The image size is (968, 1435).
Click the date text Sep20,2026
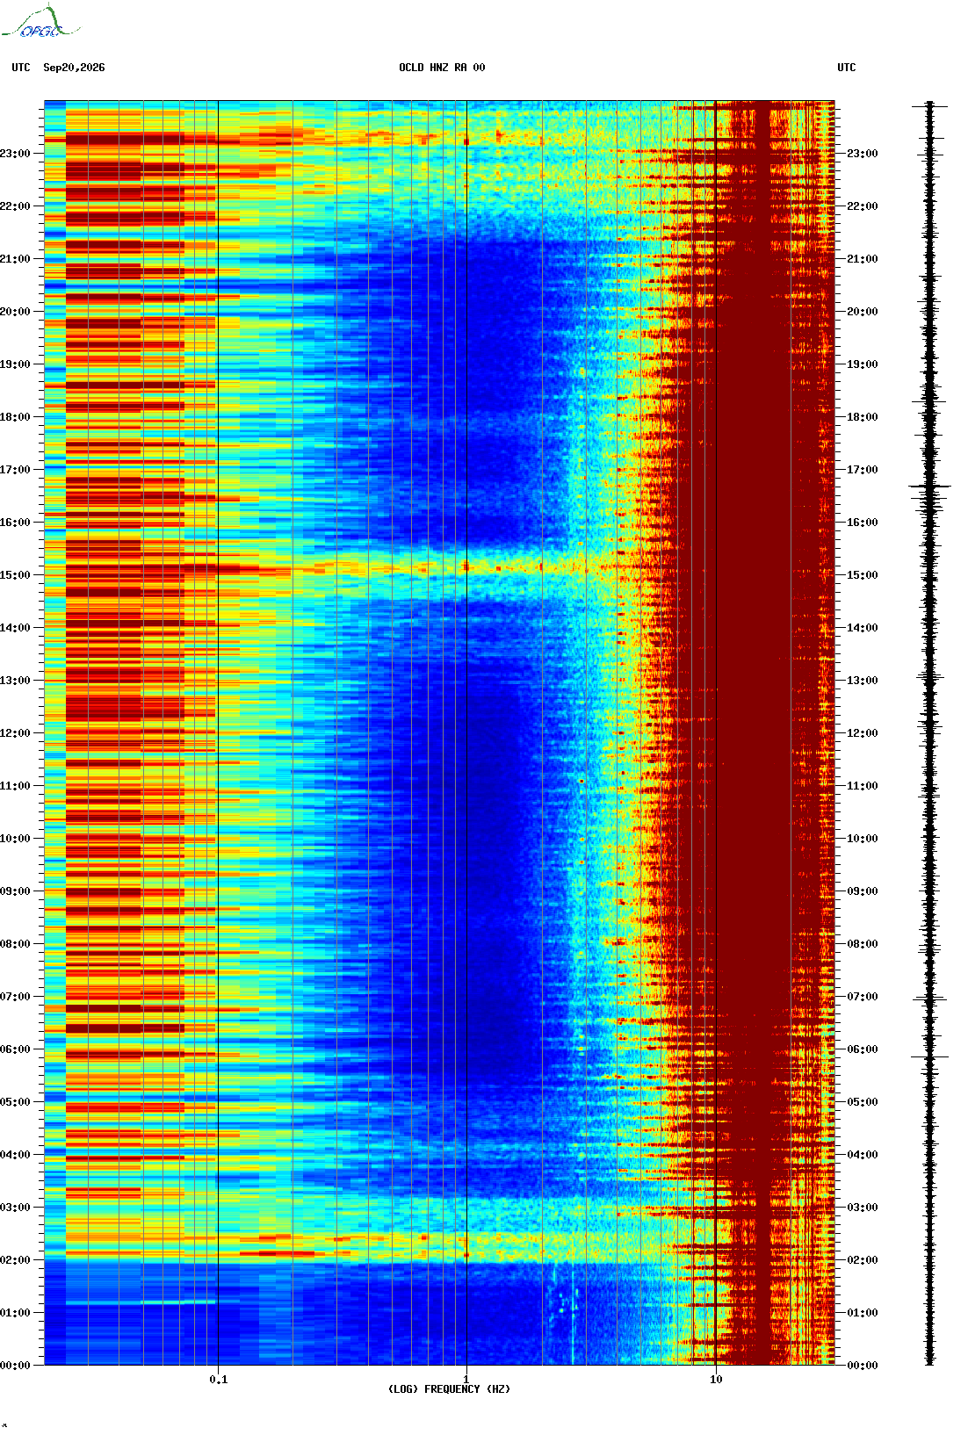coord(74,68)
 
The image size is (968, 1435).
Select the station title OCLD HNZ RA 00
coord(442,68)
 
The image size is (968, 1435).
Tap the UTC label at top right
coord(846,68)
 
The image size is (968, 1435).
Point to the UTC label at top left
coord(20,68)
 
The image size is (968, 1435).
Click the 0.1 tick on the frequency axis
coord(219,1380)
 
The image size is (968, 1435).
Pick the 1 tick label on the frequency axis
coord(466,1380)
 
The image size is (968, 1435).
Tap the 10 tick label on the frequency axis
coord(716,1380)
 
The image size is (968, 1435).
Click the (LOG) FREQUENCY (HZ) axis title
coord(449,1388)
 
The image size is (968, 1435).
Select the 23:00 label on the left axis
coord(16,154)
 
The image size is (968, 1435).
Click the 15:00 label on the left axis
coord(16,575)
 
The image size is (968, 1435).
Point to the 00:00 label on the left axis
coord(16,1365)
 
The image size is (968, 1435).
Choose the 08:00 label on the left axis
coord(16,944)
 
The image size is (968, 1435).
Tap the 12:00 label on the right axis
coord(863,733)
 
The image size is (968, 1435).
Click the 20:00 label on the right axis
coord(863,312)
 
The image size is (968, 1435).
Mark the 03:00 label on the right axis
coord(863,1207)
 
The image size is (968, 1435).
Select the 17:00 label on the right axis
coord(863,470)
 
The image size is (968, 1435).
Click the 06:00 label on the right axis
coord(863,1049)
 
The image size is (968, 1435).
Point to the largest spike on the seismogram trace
coord(929,487)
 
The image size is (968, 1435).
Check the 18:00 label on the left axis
coord(16,417)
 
